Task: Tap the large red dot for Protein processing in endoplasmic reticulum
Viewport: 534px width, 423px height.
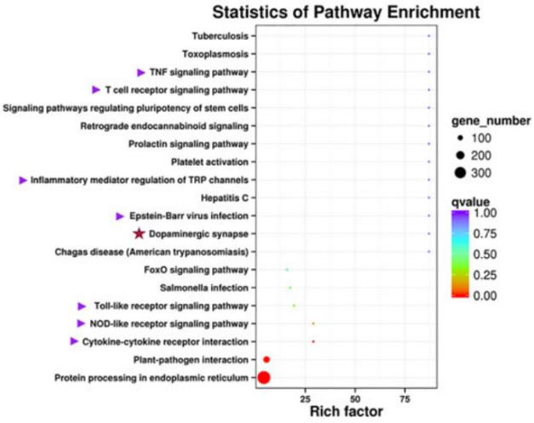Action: (263, 377)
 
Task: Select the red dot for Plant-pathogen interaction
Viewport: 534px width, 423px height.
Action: (267, 359)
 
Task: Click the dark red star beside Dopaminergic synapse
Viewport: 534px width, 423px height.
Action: (139, 233)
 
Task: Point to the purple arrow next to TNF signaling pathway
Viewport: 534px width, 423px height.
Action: (141, 71)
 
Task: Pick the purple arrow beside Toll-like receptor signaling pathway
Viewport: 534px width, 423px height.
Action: (82, 306)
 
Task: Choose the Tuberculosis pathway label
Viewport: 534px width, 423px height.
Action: (220, 36)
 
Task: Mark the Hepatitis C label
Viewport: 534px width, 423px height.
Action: (227, 197)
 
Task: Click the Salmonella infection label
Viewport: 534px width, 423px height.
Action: (206, 288)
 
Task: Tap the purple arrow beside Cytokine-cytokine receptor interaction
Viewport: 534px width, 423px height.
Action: (75, 341)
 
